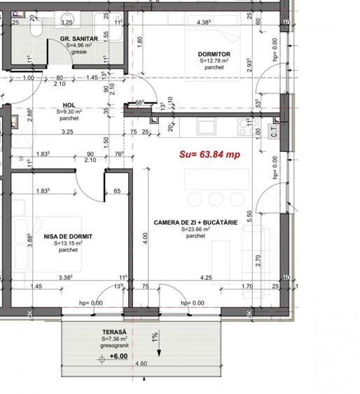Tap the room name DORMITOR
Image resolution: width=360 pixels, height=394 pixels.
(x=214, y=54)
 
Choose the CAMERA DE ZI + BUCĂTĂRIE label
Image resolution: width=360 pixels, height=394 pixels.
(x=195, y=223)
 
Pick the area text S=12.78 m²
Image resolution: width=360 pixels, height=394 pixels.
(x=214, y=61)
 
